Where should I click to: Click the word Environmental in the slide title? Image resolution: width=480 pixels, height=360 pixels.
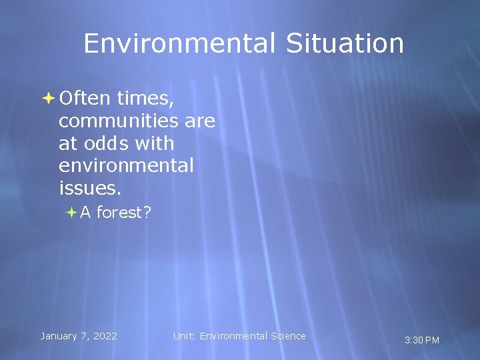[179, 44]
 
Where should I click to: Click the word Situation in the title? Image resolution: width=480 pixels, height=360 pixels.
[345, 44]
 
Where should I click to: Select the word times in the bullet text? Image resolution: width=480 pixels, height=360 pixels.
[145, 99]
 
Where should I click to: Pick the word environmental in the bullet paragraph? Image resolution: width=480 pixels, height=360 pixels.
[126, 165]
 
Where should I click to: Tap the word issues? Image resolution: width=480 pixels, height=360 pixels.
[90, 187]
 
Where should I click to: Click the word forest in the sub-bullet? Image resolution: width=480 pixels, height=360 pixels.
[124, 213]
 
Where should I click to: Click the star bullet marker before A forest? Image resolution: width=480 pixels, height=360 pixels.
[72, 213]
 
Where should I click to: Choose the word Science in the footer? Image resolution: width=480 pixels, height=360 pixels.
[288, 336]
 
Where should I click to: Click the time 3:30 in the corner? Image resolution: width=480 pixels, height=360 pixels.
[413, 341]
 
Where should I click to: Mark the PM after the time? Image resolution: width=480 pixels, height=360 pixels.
[432, 341]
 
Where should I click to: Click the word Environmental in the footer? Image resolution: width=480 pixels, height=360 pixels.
[233, 336]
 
